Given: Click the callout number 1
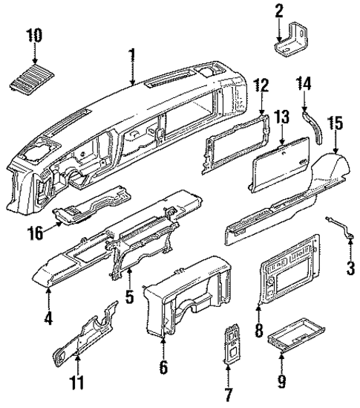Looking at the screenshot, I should point(132,56).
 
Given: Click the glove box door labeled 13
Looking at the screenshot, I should point(279,159).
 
